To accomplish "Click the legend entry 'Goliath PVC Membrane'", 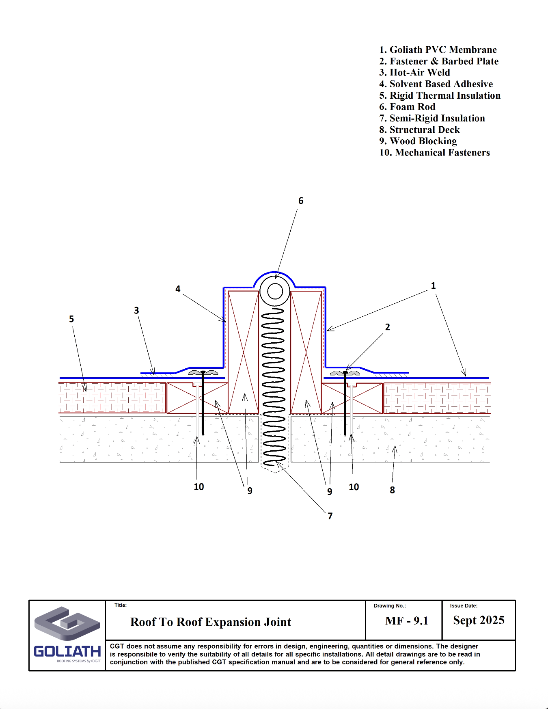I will pos(438,50).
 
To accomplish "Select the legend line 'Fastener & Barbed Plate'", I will pos(438,61).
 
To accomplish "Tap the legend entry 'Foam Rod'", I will pos(407,107).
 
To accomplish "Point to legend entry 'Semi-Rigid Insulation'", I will pos(432,118).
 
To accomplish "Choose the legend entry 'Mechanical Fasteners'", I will pos(434,153).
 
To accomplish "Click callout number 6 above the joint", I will pos(301,201).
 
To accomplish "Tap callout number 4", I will pos(178,289).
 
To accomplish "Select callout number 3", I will pos(136,311).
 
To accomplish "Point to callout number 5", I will pos(71,319).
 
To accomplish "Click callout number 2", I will pos(387,327).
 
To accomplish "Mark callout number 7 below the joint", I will pos(330,516).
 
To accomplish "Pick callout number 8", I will pos(392,490).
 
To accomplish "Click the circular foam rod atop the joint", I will pos(275,292).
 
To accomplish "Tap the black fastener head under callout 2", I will pos(345,372).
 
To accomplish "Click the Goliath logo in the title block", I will pos(67,635).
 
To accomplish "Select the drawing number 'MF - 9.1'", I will pos(407,621).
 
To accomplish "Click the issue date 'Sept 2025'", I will pos(479,620).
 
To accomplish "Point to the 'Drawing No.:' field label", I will pos(390,606).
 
